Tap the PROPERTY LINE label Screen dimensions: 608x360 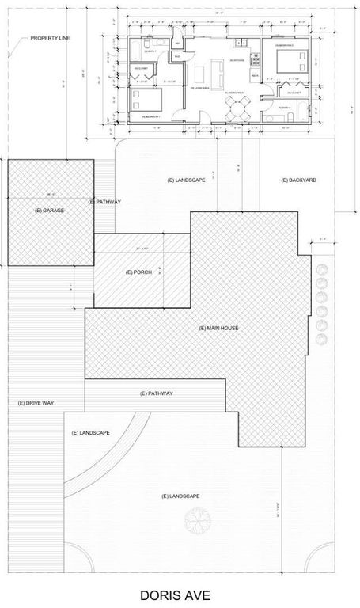click(x=49, y=37)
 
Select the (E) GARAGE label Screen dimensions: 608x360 click(x=49, y=210)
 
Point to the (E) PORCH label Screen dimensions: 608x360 click(x=138, y=272)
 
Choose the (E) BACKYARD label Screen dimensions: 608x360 click(x=298, y=180)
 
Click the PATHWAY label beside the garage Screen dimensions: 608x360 click(x=104, y=202)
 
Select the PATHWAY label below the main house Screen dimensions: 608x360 click(x=156, y=393)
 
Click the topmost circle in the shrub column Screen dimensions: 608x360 click(x=321, y=268)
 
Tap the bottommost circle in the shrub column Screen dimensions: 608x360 click(x=321, y=339)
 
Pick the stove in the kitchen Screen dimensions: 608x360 click(x=256, y=60)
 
